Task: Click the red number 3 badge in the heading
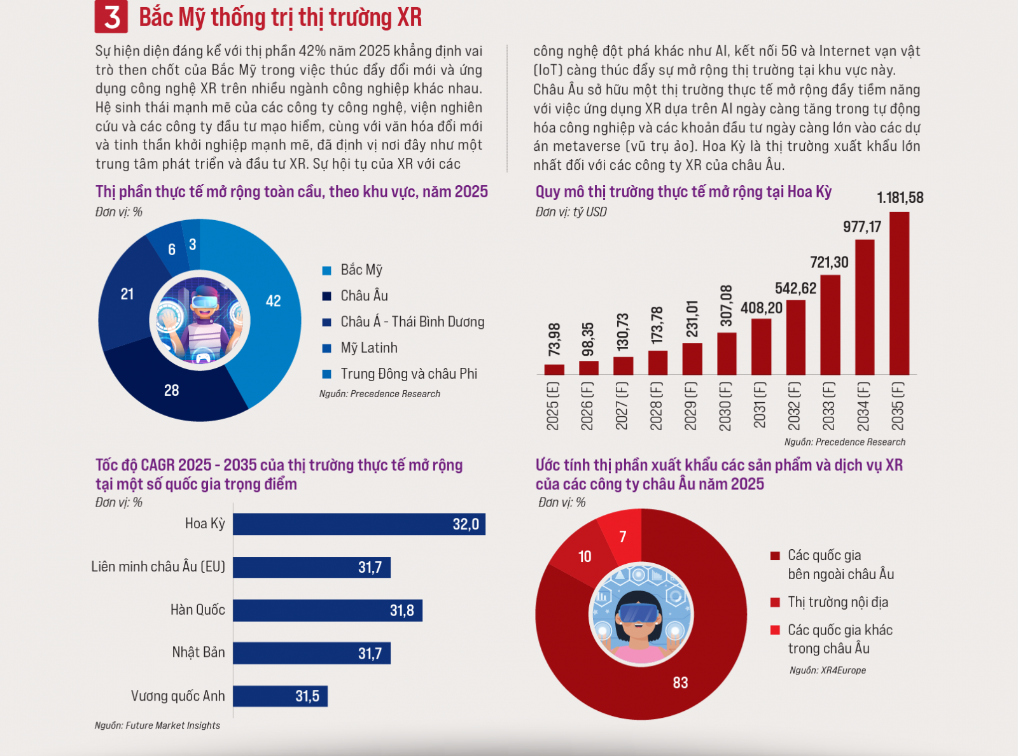[111, 17]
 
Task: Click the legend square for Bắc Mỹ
[327, 270]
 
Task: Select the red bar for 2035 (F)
[899, 293]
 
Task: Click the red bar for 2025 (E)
[554, 370]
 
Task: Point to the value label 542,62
[796, 288]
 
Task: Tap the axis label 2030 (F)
[725, 406]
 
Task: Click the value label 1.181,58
[900, 198]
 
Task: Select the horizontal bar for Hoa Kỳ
[359, 524]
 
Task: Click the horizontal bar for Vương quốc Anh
[280, 696]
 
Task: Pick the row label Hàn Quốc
[198, 610]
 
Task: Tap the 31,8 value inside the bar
[402, 610]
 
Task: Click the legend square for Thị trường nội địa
[775, 602]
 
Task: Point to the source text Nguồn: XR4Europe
[828, 670]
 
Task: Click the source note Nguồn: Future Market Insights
[157, 725]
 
